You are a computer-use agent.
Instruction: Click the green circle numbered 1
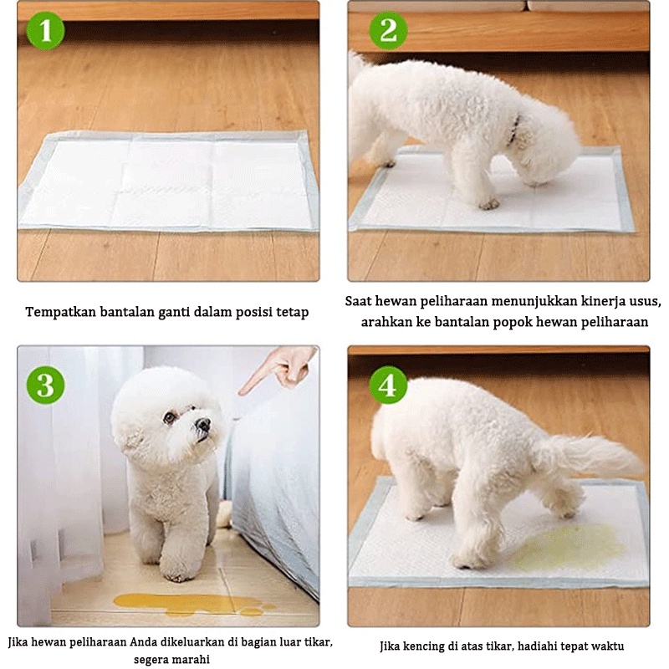46,31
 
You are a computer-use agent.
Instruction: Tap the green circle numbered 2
388,31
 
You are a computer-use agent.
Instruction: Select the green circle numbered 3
46,386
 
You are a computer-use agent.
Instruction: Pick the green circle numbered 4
388,386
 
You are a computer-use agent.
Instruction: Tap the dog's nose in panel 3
203,424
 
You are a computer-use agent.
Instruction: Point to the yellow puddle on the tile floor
193,604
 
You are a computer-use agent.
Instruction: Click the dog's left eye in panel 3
171,417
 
